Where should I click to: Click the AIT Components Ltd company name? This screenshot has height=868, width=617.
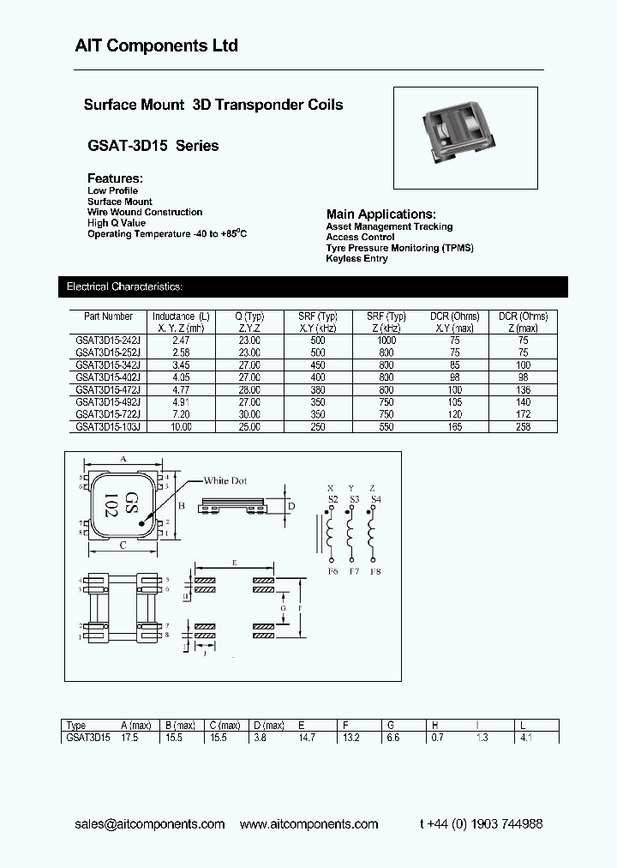[x=155, y=45]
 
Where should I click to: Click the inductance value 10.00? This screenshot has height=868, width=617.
[x=180, y=426]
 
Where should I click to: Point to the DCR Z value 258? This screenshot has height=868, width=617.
[x=524, y=426]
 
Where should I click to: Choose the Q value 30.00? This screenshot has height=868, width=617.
[x=249, y=413]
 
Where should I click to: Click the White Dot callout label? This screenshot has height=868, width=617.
[x=225, y=481]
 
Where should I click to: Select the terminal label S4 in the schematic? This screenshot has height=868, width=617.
[x=375, y=499]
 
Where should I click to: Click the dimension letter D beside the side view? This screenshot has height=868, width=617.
[x=291, y=506]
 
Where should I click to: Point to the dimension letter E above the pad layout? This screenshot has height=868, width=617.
[x=234, y=562]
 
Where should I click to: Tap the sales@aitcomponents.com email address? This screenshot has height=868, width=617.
[x=150, y=824]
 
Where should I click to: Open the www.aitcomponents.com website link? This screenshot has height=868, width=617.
[x=308, y=824]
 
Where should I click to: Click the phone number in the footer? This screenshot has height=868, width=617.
[x=481, y=824]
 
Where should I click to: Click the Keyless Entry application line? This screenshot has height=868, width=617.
[x=356, y=259]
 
